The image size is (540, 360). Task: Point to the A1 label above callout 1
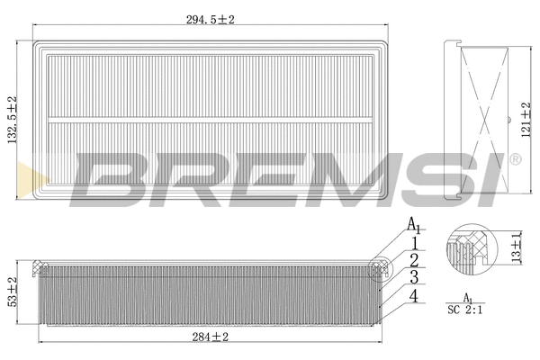coord(413,225)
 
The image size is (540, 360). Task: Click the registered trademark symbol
coord(514,160)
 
